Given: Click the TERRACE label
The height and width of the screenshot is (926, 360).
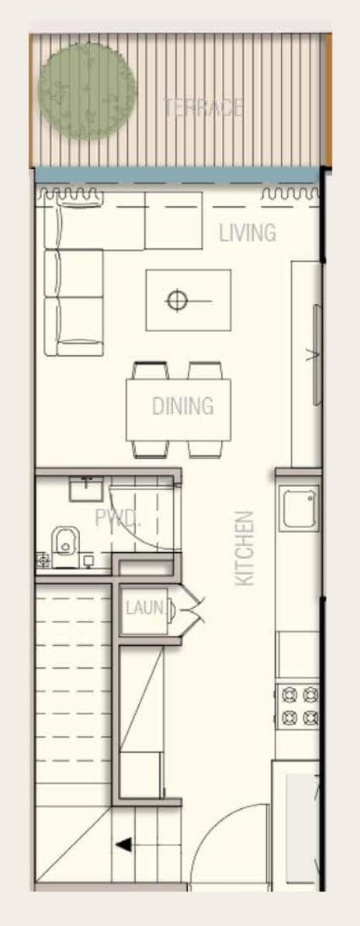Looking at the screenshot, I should (203, 108).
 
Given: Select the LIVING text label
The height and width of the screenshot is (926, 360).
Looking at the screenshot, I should (247, 233).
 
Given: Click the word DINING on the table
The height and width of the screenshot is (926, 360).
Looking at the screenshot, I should (182, 406).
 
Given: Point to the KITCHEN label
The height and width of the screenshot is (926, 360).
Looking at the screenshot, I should (244, 548).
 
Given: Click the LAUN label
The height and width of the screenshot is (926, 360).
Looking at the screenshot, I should (145, 608).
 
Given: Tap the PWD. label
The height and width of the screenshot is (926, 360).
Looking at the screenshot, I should (117, 517).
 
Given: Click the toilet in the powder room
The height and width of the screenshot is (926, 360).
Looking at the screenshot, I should (63, 541).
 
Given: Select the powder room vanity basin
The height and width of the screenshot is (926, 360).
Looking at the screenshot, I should (85, 489).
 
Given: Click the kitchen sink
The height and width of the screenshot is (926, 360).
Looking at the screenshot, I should (299, 509).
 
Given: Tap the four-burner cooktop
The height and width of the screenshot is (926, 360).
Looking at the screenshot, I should (299, 706).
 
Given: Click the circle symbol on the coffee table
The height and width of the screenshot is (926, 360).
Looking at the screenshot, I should (178, 299).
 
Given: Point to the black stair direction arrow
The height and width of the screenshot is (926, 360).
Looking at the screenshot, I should (123, 845).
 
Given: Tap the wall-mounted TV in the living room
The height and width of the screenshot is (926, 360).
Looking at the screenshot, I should (316, 355).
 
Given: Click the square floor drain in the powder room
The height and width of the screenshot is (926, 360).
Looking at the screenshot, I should (42, 559).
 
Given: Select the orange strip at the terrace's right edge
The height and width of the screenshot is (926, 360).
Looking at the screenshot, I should (328, 100).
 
